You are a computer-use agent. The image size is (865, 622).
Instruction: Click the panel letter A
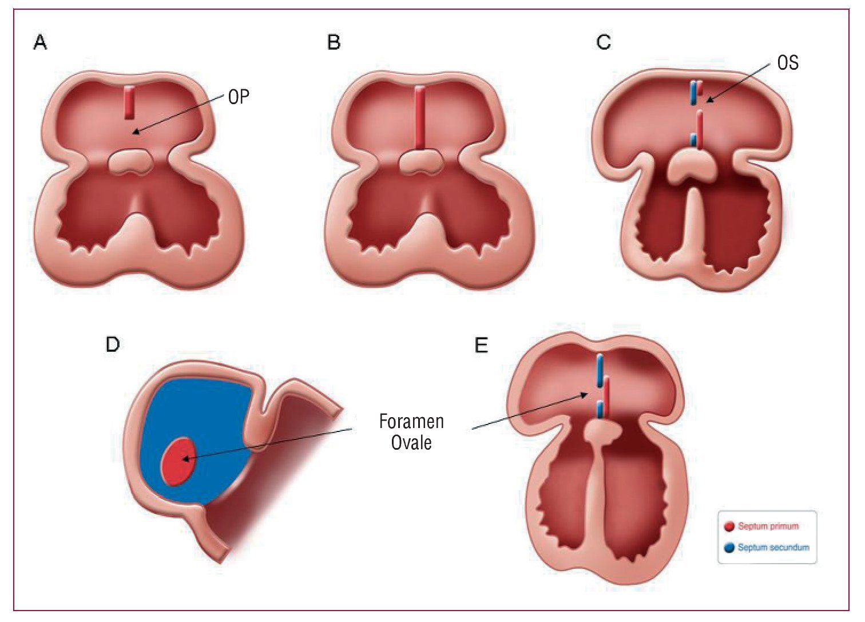[40, 42]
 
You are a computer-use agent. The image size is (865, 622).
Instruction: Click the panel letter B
[334, 42]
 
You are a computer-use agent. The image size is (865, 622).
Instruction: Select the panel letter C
[604, 42]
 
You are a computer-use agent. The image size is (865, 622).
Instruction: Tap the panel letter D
[113, 344]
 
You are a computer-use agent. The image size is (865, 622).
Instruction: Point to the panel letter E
[482, 346]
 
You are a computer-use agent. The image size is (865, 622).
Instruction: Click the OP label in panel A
[239, 97]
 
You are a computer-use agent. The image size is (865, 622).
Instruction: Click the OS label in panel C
[787, 63]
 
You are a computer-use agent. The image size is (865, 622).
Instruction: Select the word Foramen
[411, 422]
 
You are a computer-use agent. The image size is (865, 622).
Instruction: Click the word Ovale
[411, 442]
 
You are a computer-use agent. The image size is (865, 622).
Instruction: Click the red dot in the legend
[729, 526]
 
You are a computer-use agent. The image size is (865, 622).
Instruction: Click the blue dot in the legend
[729, 548]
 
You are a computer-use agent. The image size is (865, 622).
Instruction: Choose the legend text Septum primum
[768, 526]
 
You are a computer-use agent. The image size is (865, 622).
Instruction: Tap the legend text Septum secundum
[773, 548]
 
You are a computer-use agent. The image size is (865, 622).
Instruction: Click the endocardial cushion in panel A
[130, 162]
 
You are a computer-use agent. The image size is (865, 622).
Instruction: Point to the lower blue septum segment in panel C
[693, 140]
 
